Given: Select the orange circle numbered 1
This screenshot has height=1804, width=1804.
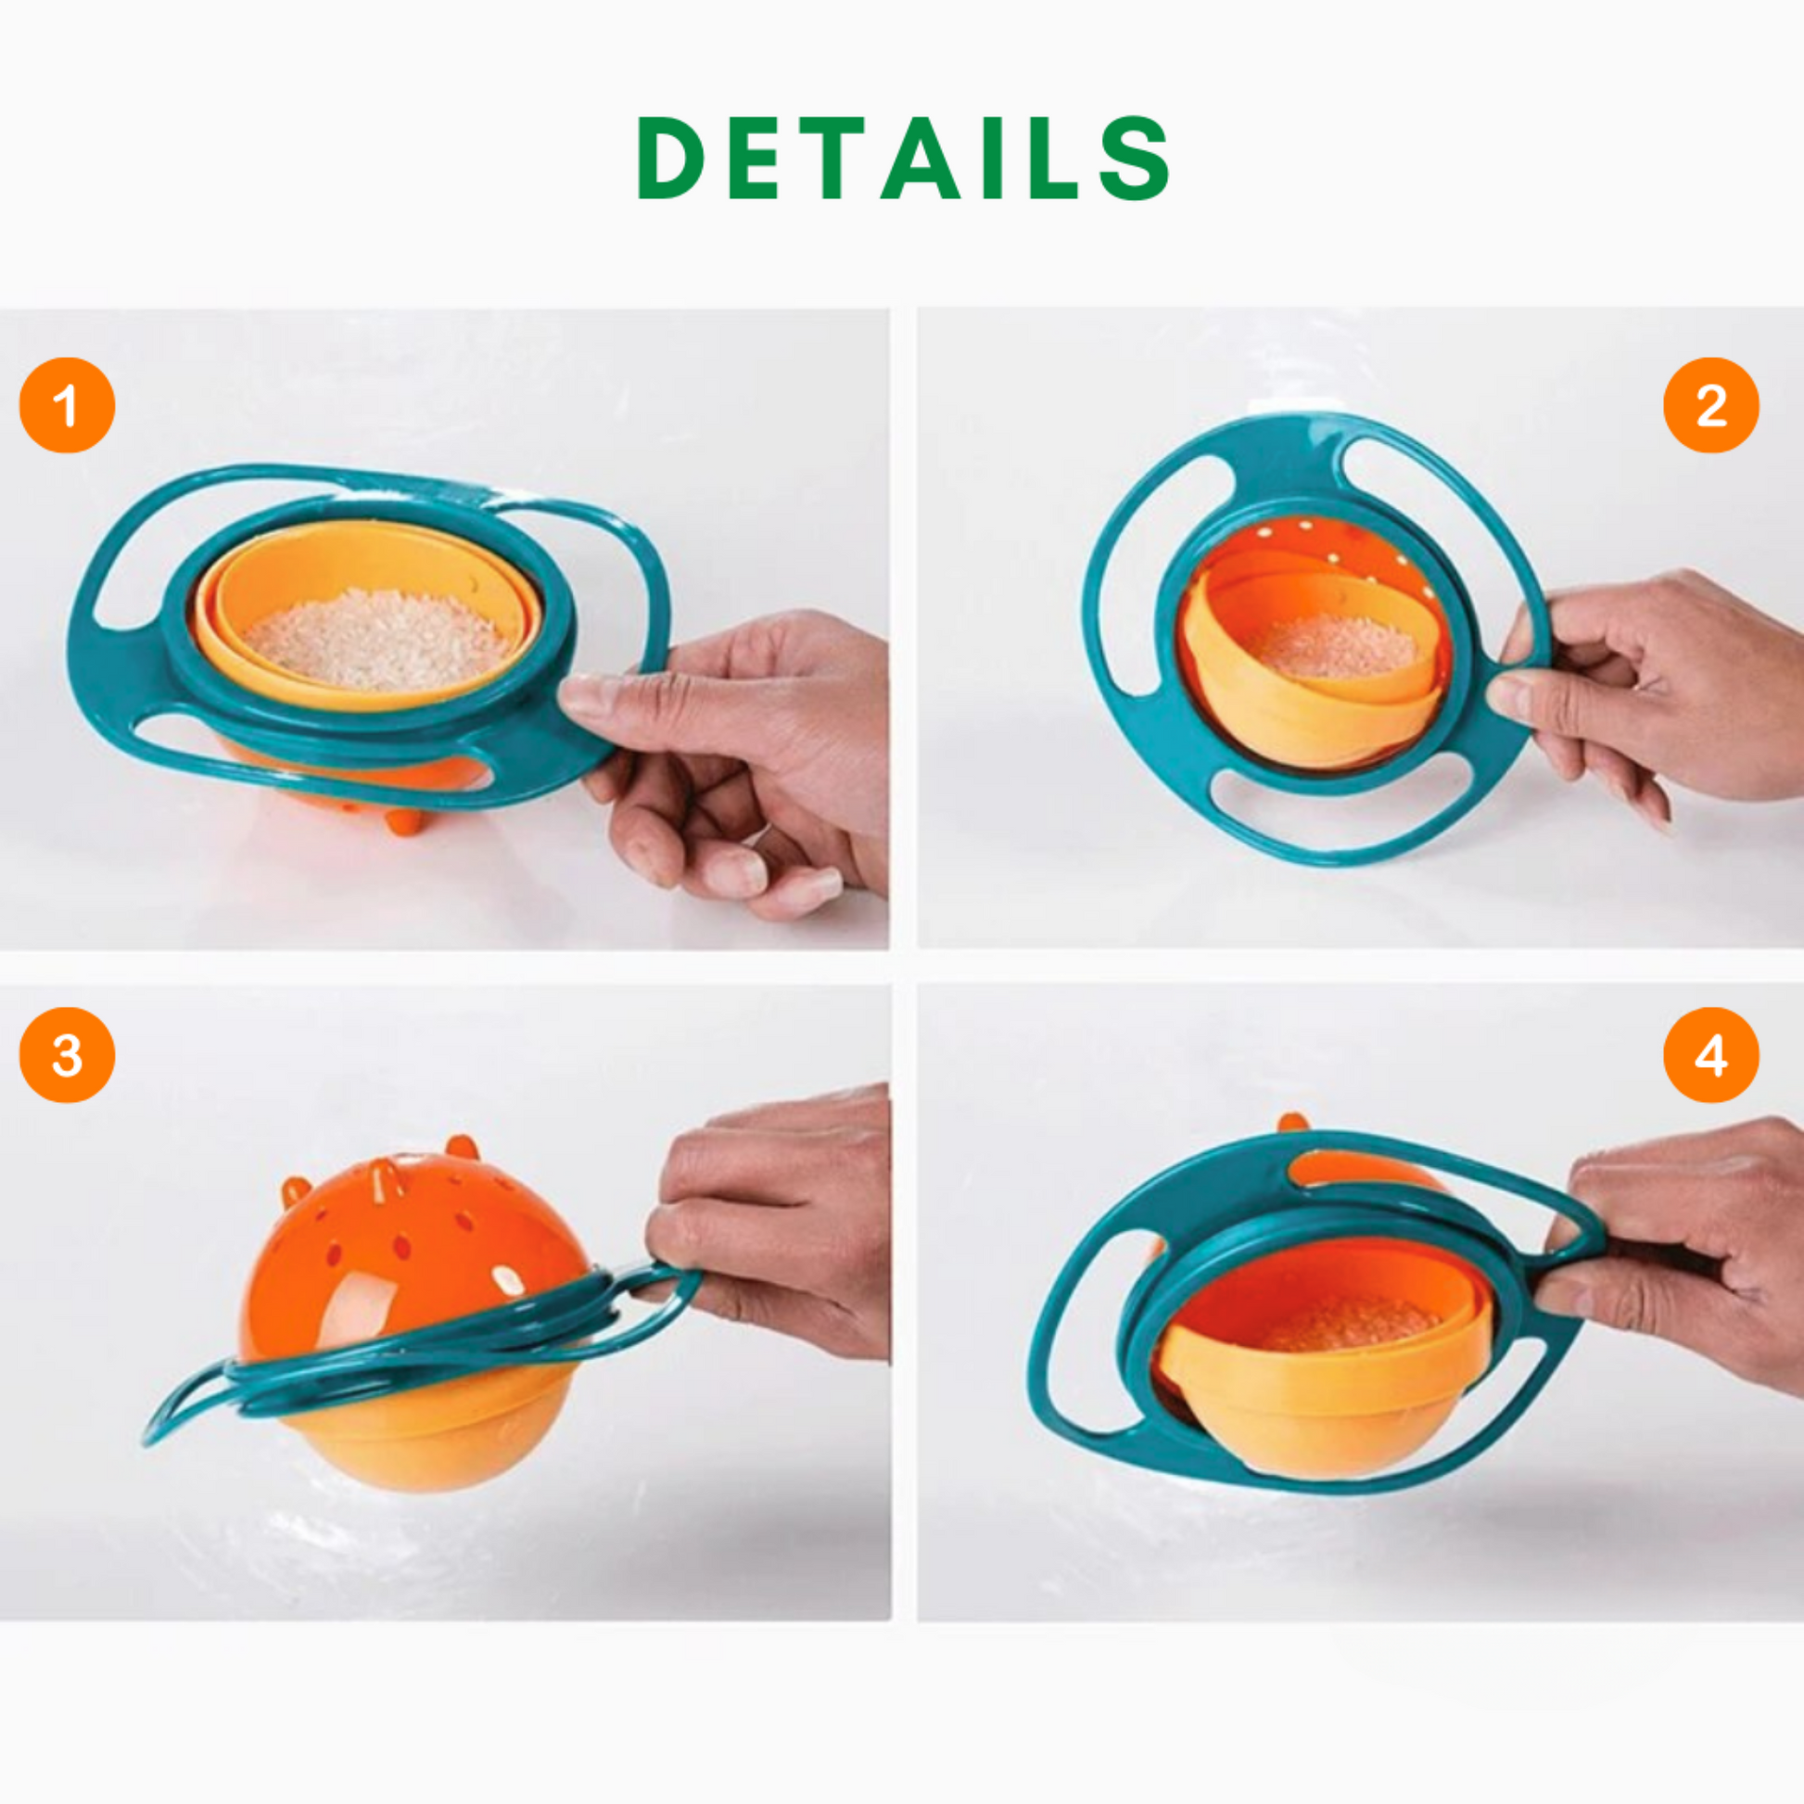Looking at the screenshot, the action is (x=68, y=405).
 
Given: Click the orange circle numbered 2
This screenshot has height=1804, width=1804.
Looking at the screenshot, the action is (x=1710, y=405).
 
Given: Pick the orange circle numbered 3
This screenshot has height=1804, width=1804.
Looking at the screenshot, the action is (x=68, y=1055).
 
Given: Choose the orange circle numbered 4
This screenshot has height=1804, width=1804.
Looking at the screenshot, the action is (x=1710, y=1055).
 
